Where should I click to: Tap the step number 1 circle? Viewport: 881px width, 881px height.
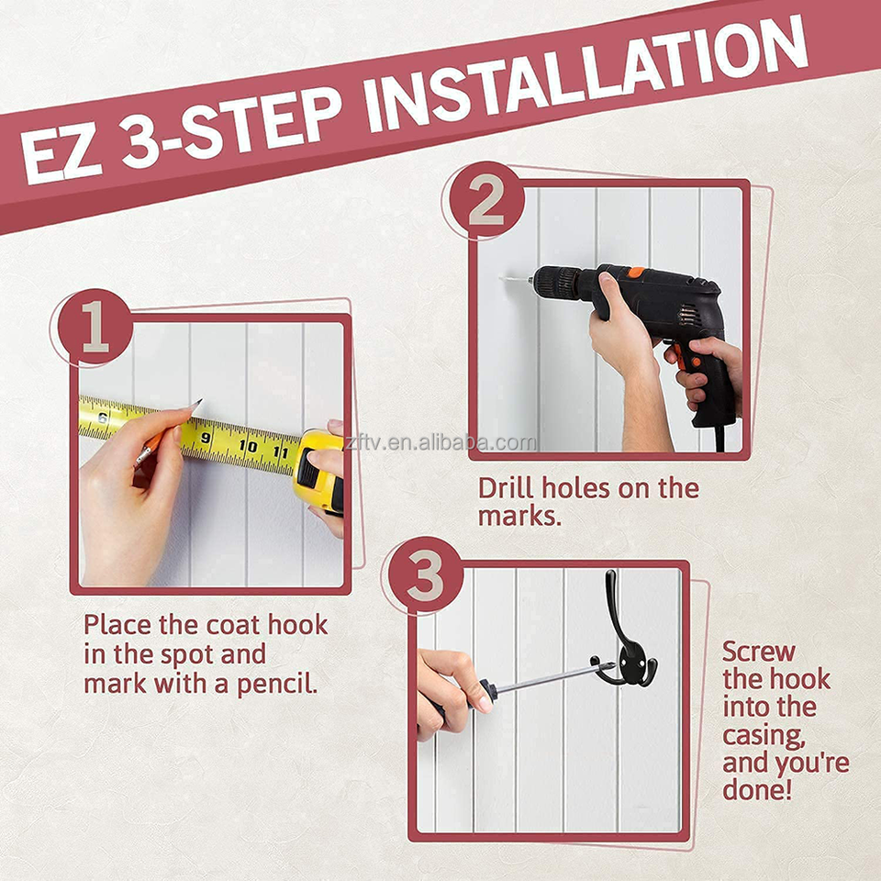pos(95,327)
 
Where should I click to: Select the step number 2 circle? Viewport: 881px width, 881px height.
pos(486,201)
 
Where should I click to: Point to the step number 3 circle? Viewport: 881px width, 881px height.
pos(425,576)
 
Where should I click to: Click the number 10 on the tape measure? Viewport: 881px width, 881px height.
pos(248,446)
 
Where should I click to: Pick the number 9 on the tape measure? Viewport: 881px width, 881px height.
pos(205,437)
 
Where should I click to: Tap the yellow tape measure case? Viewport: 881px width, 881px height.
pos(318,471)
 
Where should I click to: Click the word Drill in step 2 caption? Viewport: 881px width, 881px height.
pos(505,487)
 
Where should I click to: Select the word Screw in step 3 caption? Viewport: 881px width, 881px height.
pos(759,652)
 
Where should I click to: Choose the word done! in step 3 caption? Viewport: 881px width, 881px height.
pos(757,789)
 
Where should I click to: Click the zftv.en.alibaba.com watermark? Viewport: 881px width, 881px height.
pos(440,443)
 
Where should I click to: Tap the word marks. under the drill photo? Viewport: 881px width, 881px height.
pos(519,517)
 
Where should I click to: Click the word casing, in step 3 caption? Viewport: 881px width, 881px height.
pos(764,736)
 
